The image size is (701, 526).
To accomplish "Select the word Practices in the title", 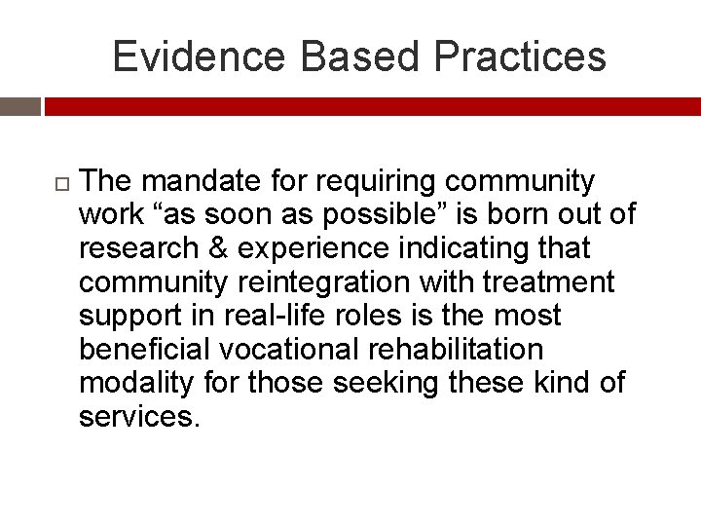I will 520,56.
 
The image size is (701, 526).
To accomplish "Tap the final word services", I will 138,416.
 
